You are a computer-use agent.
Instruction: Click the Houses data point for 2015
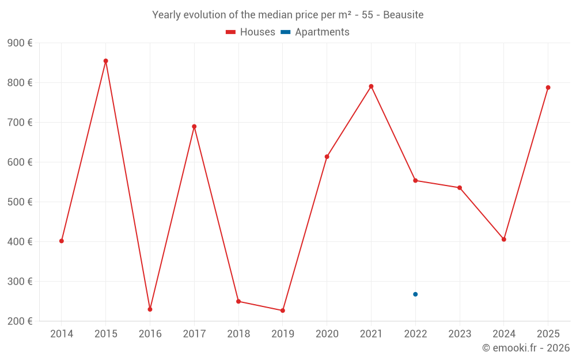click(x=106, y=61)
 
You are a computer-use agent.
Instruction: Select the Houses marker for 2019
click(x=283, y=310)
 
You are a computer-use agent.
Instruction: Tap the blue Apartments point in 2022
click(x=415, y=294)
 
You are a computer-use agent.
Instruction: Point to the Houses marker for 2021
click(x=371, y=86)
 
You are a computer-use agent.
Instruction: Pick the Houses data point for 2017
click(x=194, y=127)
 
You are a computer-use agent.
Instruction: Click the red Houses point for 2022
click(x=415, y=180)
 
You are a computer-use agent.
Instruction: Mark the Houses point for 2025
click(x=548, y=88)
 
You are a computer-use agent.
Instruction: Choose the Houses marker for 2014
click(x=62, y=241)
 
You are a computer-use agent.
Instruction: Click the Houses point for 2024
click(x=503, y=239)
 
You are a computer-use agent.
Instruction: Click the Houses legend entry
click(x=251, y=32)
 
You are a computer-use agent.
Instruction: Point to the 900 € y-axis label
click(x=20, y=43)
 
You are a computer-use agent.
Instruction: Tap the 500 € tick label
click(x=20, y=202)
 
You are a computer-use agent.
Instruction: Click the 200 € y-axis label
click(x=20, y=321)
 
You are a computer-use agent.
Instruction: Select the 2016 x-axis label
click(x=150, y=334)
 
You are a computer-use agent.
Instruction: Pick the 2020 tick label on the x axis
click(x=327, y=334)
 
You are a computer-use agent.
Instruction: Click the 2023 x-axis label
click(x=460, y=334)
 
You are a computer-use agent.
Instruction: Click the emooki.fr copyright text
click(x=526, y=348)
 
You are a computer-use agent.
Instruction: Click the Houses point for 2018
click(x=238, y=301)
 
